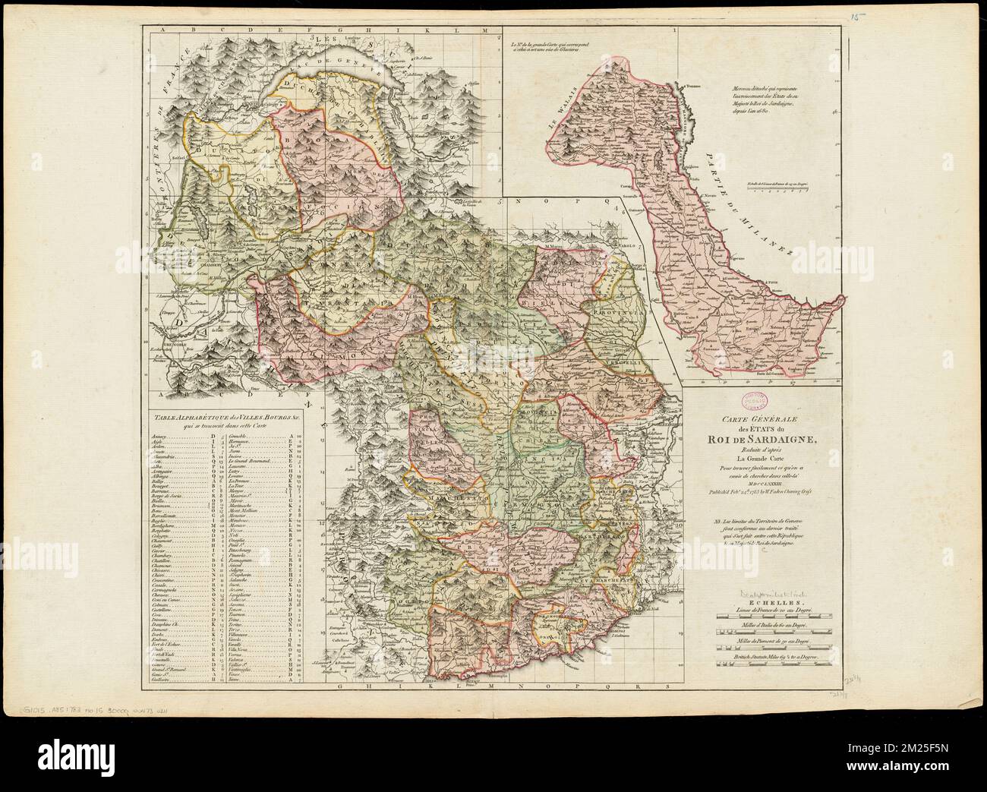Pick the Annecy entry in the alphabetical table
pos(160,437)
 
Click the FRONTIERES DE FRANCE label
pos(169,114)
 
